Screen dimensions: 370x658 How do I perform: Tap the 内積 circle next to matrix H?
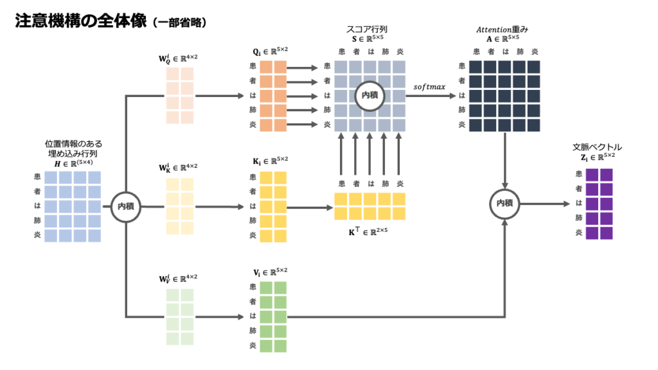point(125,206)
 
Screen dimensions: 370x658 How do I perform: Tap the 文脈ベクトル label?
point(597,147)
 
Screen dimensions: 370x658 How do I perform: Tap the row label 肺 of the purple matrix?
point(580,218)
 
